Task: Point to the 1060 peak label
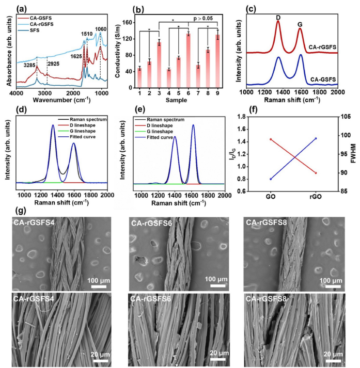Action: [102, 30]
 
